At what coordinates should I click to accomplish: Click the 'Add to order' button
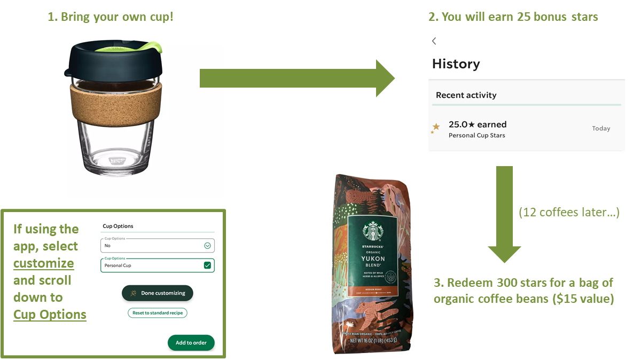tap(191, 342)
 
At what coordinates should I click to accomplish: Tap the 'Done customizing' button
tap(158, 293)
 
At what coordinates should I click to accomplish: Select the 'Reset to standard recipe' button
tap(158, 313)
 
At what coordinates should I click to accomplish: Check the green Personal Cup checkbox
tap(207, 265)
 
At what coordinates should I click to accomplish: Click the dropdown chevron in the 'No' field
tap(207, 246)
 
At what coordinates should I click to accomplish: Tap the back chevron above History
tap(434, 41)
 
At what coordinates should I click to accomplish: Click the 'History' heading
tap(456, 64)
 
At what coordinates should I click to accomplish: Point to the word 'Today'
tap(601, 128)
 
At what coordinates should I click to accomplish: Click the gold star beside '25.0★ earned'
tap(436, 127)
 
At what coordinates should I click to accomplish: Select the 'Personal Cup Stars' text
tap(476, 136)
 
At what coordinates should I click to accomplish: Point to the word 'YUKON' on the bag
tap(372, 257)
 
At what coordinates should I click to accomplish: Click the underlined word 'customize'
tap(44, 263)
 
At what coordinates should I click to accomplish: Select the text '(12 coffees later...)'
tap(569, 213)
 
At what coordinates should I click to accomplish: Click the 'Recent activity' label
tap(466, 95)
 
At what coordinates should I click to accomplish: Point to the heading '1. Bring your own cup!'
tap(111, 17)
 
